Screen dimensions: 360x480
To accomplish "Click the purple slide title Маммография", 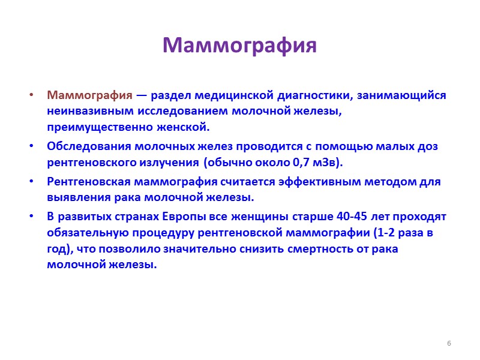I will tap(239, 46).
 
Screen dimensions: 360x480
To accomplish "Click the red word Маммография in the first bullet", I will tap(89, 95).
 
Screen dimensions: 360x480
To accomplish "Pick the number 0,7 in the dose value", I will tap(307, 162).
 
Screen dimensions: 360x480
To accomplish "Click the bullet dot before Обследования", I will tap(32, 146).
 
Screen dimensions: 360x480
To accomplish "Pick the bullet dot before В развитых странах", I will tap(32, 217).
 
